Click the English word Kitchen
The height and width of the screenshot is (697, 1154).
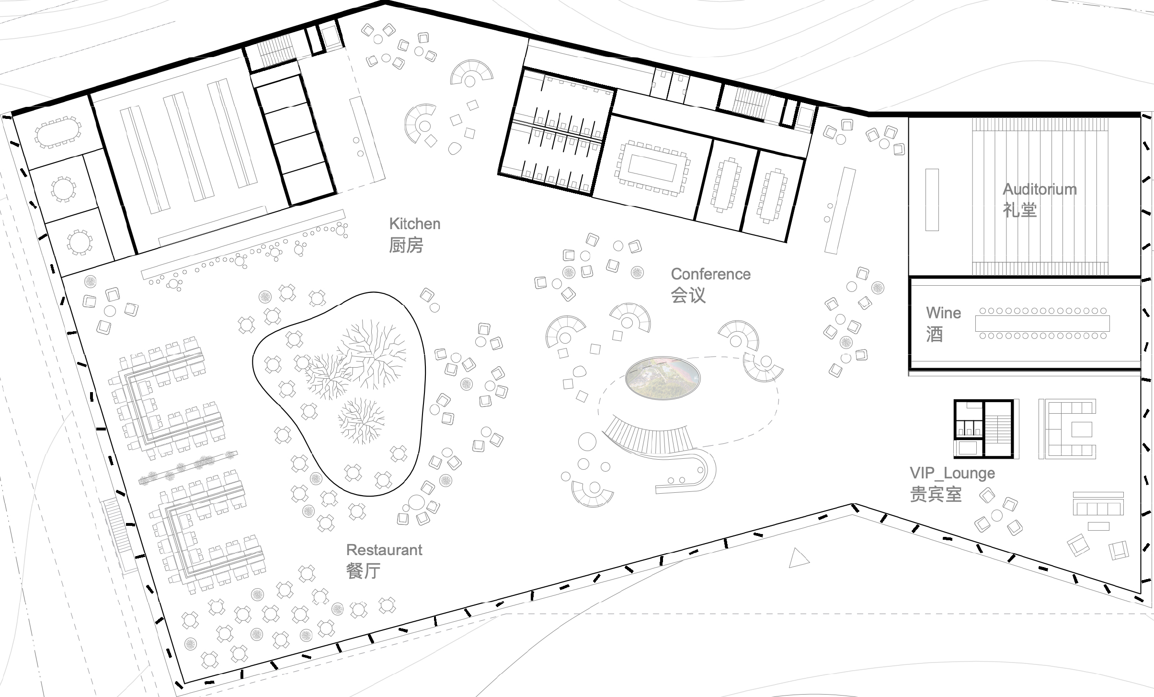[x=414, y=224]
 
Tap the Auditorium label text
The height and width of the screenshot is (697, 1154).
[x=1040, y=189]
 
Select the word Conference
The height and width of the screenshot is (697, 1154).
[x=710, y=274]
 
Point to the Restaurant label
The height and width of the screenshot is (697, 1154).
[x=384, y=550]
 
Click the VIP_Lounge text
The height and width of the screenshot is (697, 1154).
[x=952, y=474]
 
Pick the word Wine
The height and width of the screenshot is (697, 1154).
[x=943, y=313]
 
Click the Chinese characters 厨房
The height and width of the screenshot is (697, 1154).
[x=406, y=245]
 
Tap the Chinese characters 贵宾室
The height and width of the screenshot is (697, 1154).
[x=936, y=494]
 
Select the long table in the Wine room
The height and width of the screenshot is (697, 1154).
[x=1042, y=324]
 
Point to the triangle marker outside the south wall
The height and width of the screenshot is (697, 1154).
[x=798, y=558]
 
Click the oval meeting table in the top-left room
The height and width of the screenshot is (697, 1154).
[x=57, y=132]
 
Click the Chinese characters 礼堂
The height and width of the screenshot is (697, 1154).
[x=1020, y=210]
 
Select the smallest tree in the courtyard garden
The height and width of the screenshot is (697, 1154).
[x=361, y=420]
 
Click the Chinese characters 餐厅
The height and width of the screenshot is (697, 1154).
[x=364, y=571]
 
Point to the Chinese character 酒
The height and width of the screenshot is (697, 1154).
[x=935, y=334]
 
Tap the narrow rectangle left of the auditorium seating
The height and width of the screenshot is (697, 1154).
[x=932, y=199]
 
